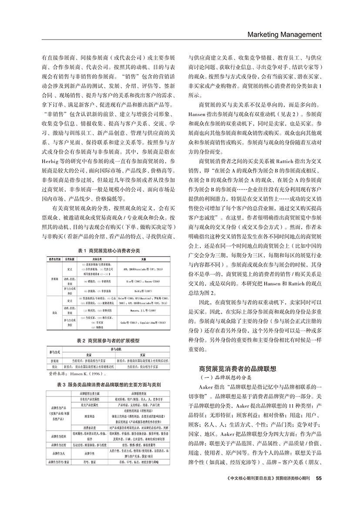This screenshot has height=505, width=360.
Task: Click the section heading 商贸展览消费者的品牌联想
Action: [x=237, y=369]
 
